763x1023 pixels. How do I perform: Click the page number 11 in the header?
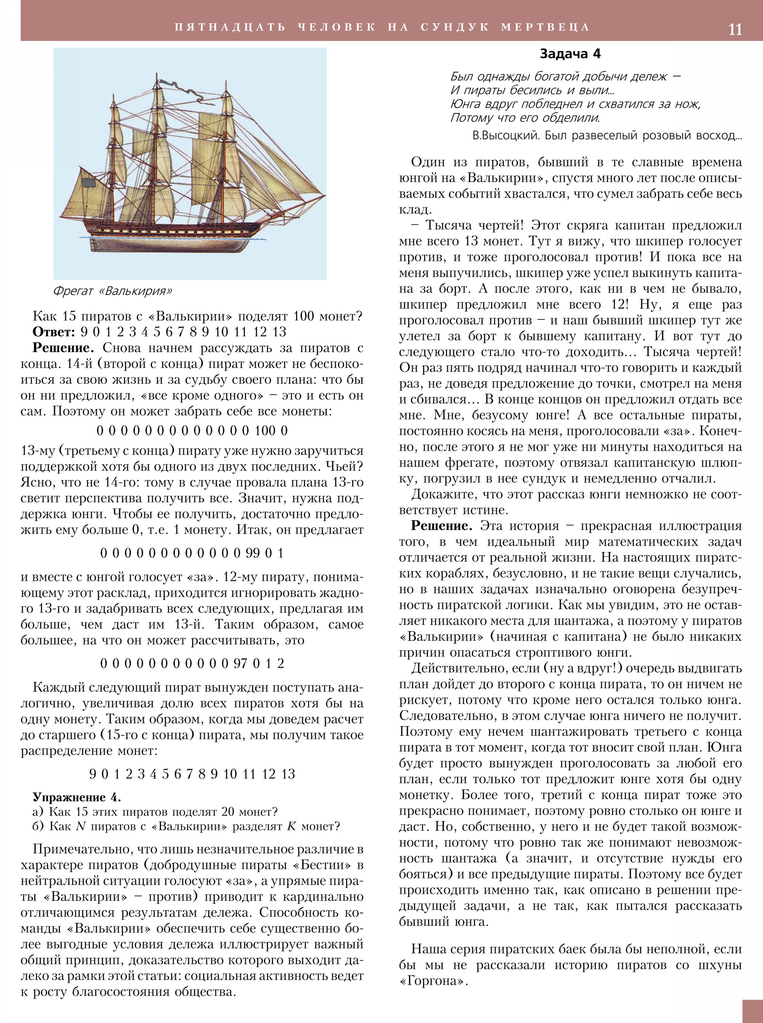pyautogui.click(x=735, y=29)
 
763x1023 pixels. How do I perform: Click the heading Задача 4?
pyautogui.click(x=570, y=54)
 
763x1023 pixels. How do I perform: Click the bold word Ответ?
pyautogui.click(x=53, y=332)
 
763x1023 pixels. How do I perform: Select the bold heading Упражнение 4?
pyautogui.click(x=77, y=797)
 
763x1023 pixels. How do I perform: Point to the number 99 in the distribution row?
pyautogui.click(x=253, y=553)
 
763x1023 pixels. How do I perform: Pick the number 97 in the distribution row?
pyautogui.click(x=240, y=663)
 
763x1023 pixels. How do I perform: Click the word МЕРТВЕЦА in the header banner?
pyautogui.click(x=545, y=27)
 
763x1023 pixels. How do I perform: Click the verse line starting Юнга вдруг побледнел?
pyautogui.click(x=575, y=104)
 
